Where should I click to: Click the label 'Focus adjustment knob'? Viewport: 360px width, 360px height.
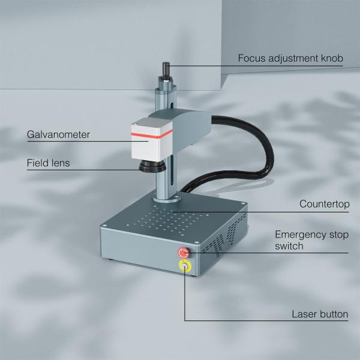coord(290,59)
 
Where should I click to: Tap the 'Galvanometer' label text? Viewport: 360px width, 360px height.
coord(58,134)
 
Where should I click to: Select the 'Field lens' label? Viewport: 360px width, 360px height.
coord(48,163)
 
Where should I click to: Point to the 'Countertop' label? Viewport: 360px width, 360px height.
coord(325,204)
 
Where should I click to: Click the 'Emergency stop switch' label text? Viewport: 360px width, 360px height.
coord(311,240)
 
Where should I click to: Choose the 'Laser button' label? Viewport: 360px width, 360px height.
coord(320,314)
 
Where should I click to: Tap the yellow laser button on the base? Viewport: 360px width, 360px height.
coord(184,266)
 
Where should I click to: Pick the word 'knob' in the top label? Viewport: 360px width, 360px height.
coord(332,59)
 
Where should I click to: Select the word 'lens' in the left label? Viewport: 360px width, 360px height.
coord(60,163)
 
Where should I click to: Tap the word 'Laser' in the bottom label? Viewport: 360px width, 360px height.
coord(304,314)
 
